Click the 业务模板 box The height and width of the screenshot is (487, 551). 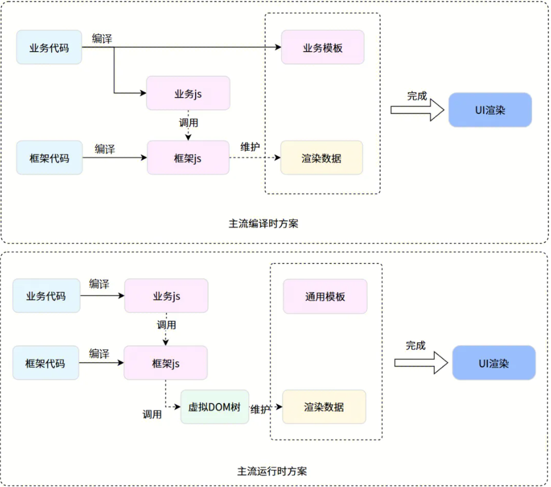tap(322, 48)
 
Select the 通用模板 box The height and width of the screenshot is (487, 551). tap(325, 296)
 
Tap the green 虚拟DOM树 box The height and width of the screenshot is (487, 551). tap(214, 407)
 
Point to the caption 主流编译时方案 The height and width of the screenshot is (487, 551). tap(263, 224)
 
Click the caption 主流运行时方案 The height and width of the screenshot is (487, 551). tap(271, 471)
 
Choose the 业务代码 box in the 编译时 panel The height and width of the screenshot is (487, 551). tap(49, 48)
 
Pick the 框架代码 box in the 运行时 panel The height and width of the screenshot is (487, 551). tap(46, 363)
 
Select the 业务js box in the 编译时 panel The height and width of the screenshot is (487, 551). tap(188, 93)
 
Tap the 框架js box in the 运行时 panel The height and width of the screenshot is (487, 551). tap(166, 363)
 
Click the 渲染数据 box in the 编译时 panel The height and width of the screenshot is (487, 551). tap(321, 158)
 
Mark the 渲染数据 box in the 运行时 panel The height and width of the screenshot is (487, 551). tap(324, 407)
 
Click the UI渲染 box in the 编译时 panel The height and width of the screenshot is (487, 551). tap(490, 110)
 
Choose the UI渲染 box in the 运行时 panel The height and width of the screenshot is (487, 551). tap(493, 363)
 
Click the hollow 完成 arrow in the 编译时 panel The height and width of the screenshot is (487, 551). tap(418, 110)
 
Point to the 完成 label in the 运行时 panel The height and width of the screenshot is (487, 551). tap(415, 346)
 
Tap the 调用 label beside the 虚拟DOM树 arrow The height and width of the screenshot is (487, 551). tap(152, 414)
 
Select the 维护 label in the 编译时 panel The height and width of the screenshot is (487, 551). tap(250, 147)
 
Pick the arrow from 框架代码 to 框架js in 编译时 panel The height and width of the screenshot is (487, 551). tap(115, 158)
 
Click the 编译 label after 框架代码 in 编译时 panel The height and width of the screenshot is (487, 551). tap(105, 149)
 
